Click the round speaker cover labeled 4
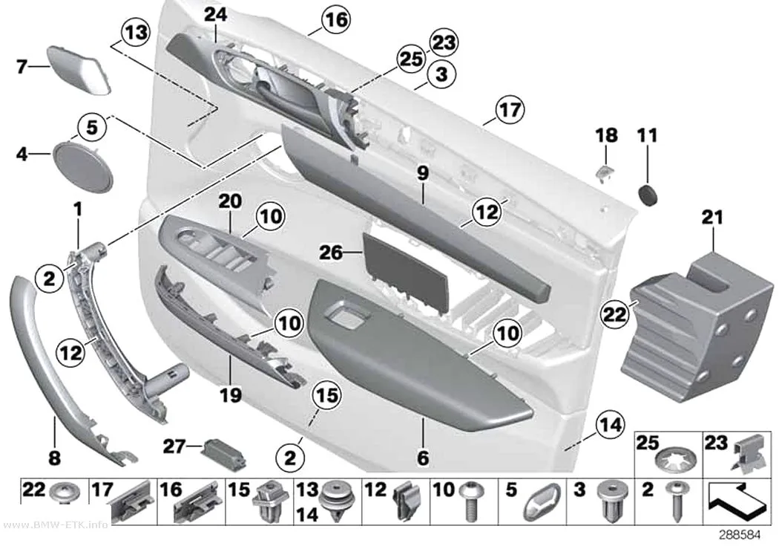pyautogui.click(x=83, y=166)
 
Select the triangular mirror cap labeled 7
pyautogui.click(x=79, y=69)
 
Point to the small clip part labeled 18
pyautogui.click(x=605, y=173)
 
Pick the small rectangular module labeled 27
pyautogui.click(x=223, y=453)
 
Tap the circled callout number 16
pyautogui.click(x=336, y=19)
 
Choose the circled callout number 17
pyautogui.click(x=510, y=110)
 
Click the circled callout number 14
pyautogui.click(x=610, y=425)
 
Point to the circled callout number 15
pyautogui.click(x=326, y=395)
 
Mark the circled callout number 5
pyautogui.click(x=92, y=127)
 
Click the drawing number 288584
pyautogui.click(x=740, y=535)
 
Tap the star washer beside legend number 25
pyautogui.click(x=676, y=461)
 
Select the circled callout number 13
pyautogui.click(x=136, y=33)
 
